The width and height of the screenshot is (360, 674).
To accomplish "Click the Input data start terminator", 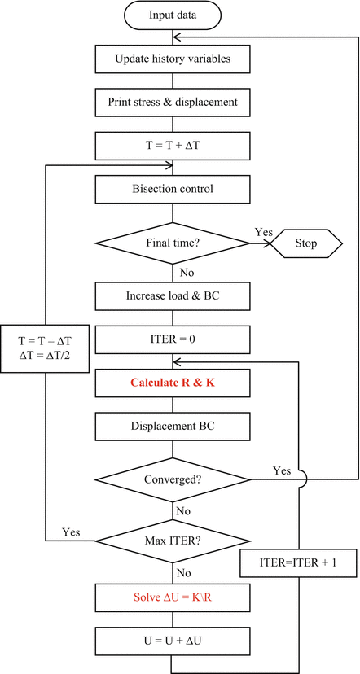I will (172, 15).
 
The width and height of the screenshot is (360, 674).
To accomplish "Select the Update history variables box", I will (172, 59).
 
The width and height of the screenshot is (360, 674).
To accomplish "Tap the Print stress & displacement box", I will (172, 103).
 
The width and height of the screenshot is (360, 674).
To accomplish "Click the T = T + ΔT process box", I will (172, 147).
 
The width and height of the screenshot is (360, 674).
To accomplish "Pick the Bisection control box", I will (172, 190).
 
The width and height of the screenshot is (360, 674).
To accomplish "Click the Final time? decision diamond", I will (172, 243).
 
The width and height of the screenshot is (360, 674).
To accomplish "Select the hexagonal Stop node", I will (305, 243).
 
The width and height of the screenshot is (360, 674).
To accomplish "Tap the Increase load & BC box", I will (172, 295).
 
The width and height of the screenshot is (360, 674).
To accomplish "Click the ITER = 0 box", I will (172, 339).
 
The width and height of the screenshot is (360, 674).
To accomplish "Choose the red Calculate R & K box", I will (172, 383).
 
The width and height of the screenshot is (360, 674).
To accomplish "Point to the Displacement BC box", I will (172, 426).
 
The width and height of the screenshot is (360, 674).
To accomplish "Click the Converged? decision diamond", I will (172, 479).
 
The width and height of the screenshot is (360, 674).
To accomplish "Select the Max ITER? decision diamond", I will (172, 541).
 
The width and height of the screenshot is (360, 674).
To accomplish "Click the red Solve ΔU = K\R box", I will (172, 597).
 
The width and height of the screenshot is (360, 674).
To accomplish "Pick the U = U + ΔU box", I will (172, 641).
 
